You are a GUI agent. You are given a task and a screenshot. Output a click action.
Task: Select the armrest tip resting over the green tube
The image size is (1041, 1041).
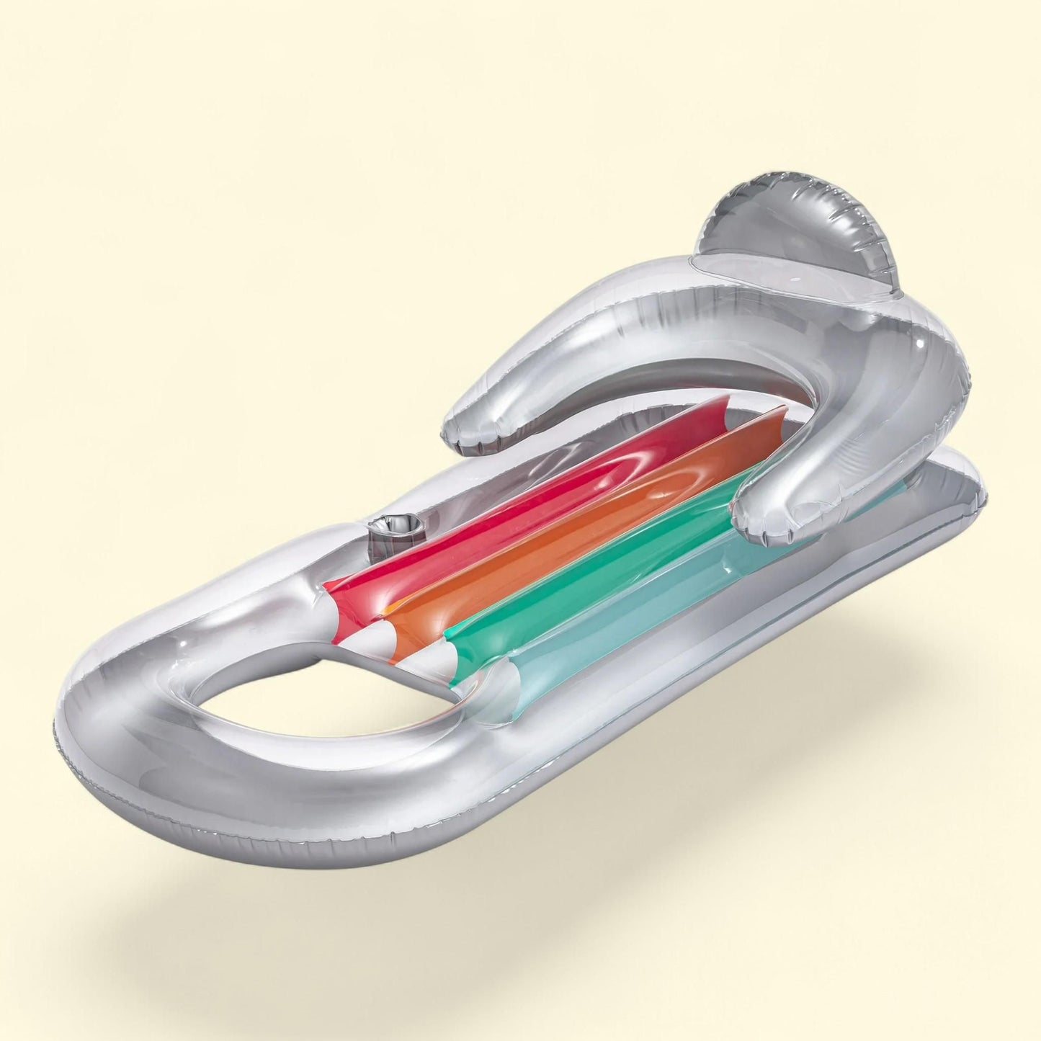point(764,511)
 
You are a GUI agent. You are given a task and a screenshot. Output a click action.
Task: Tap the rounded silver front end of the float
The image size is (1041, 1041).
point(144,720)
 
